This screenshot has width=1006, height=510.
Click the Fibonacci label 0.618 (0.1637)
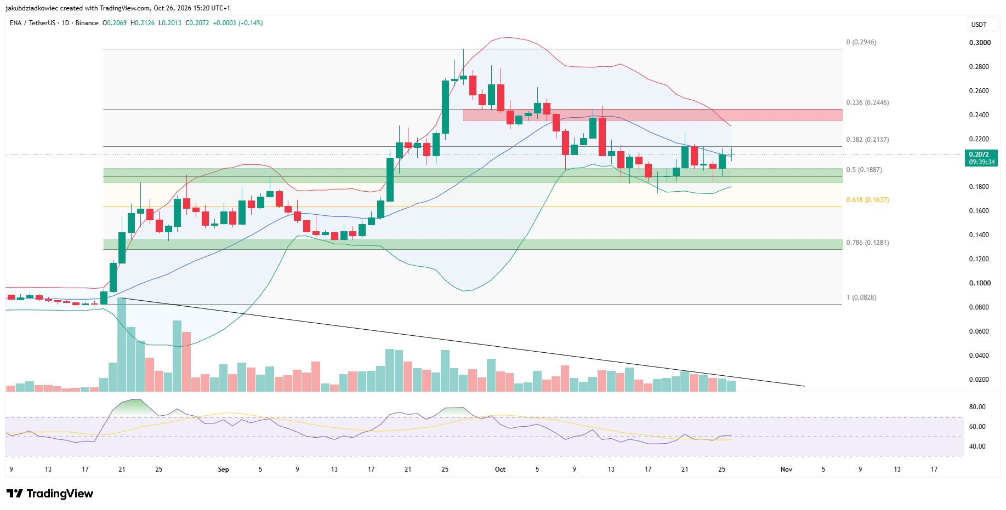pyautogui.click(x=867, y=200)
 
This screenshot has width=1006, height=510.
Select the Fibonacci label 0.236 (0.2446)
pyautogui.click(x=867, y=102)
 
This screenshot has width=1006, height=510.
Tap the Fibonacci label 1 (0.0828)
pyautogui.click(x=861, y=297)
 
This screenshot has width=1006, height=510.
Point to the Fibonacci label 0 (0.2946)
pyautogui.click(x=861, y=42)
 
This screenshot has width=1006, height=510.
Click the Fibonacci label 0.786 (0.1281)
pyautogui.click(x=867, y=243)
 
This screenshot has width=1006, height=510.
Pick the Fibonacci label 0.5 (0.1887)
pyautogui.click(x=864, y=170)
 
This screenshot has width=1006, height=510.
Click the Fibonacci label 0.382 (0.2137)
pyautogui.click(x=867, y=140)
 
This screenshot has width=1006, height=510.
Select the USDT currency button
pyautogui.click(x=979, y=25)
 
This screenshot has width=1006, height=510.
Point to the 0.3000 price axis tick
pyautogui.click(x=980, y=43)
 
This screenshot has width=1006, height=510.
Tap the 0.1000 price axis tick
pyautogui.click(x=980, y=283)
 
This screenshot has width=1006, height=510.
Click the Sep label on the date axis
pyautogui.click(x=223, y=469)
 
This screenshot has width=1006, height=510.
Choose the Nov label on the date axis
pyautogui.click(x=786, y=469)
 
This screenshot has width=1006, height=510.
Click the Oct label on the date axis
pyautogui.click(x=500, y=469)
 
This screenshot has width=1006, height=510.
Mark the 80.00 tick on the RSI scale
pyautogui.click(x=977, y=407)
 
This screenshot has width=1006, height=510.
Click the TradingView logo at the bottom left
pyautogui.click(x=50, y=494)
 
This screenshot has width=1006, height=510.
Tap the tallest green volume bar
pyautogui.click(x=122, y=345)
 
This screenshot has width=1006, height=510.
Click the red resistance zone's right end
pyautogui.click(x=842, y=115)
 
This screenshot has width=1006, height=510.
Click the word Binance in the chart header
pyautogui.click(x=87, y=23)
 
